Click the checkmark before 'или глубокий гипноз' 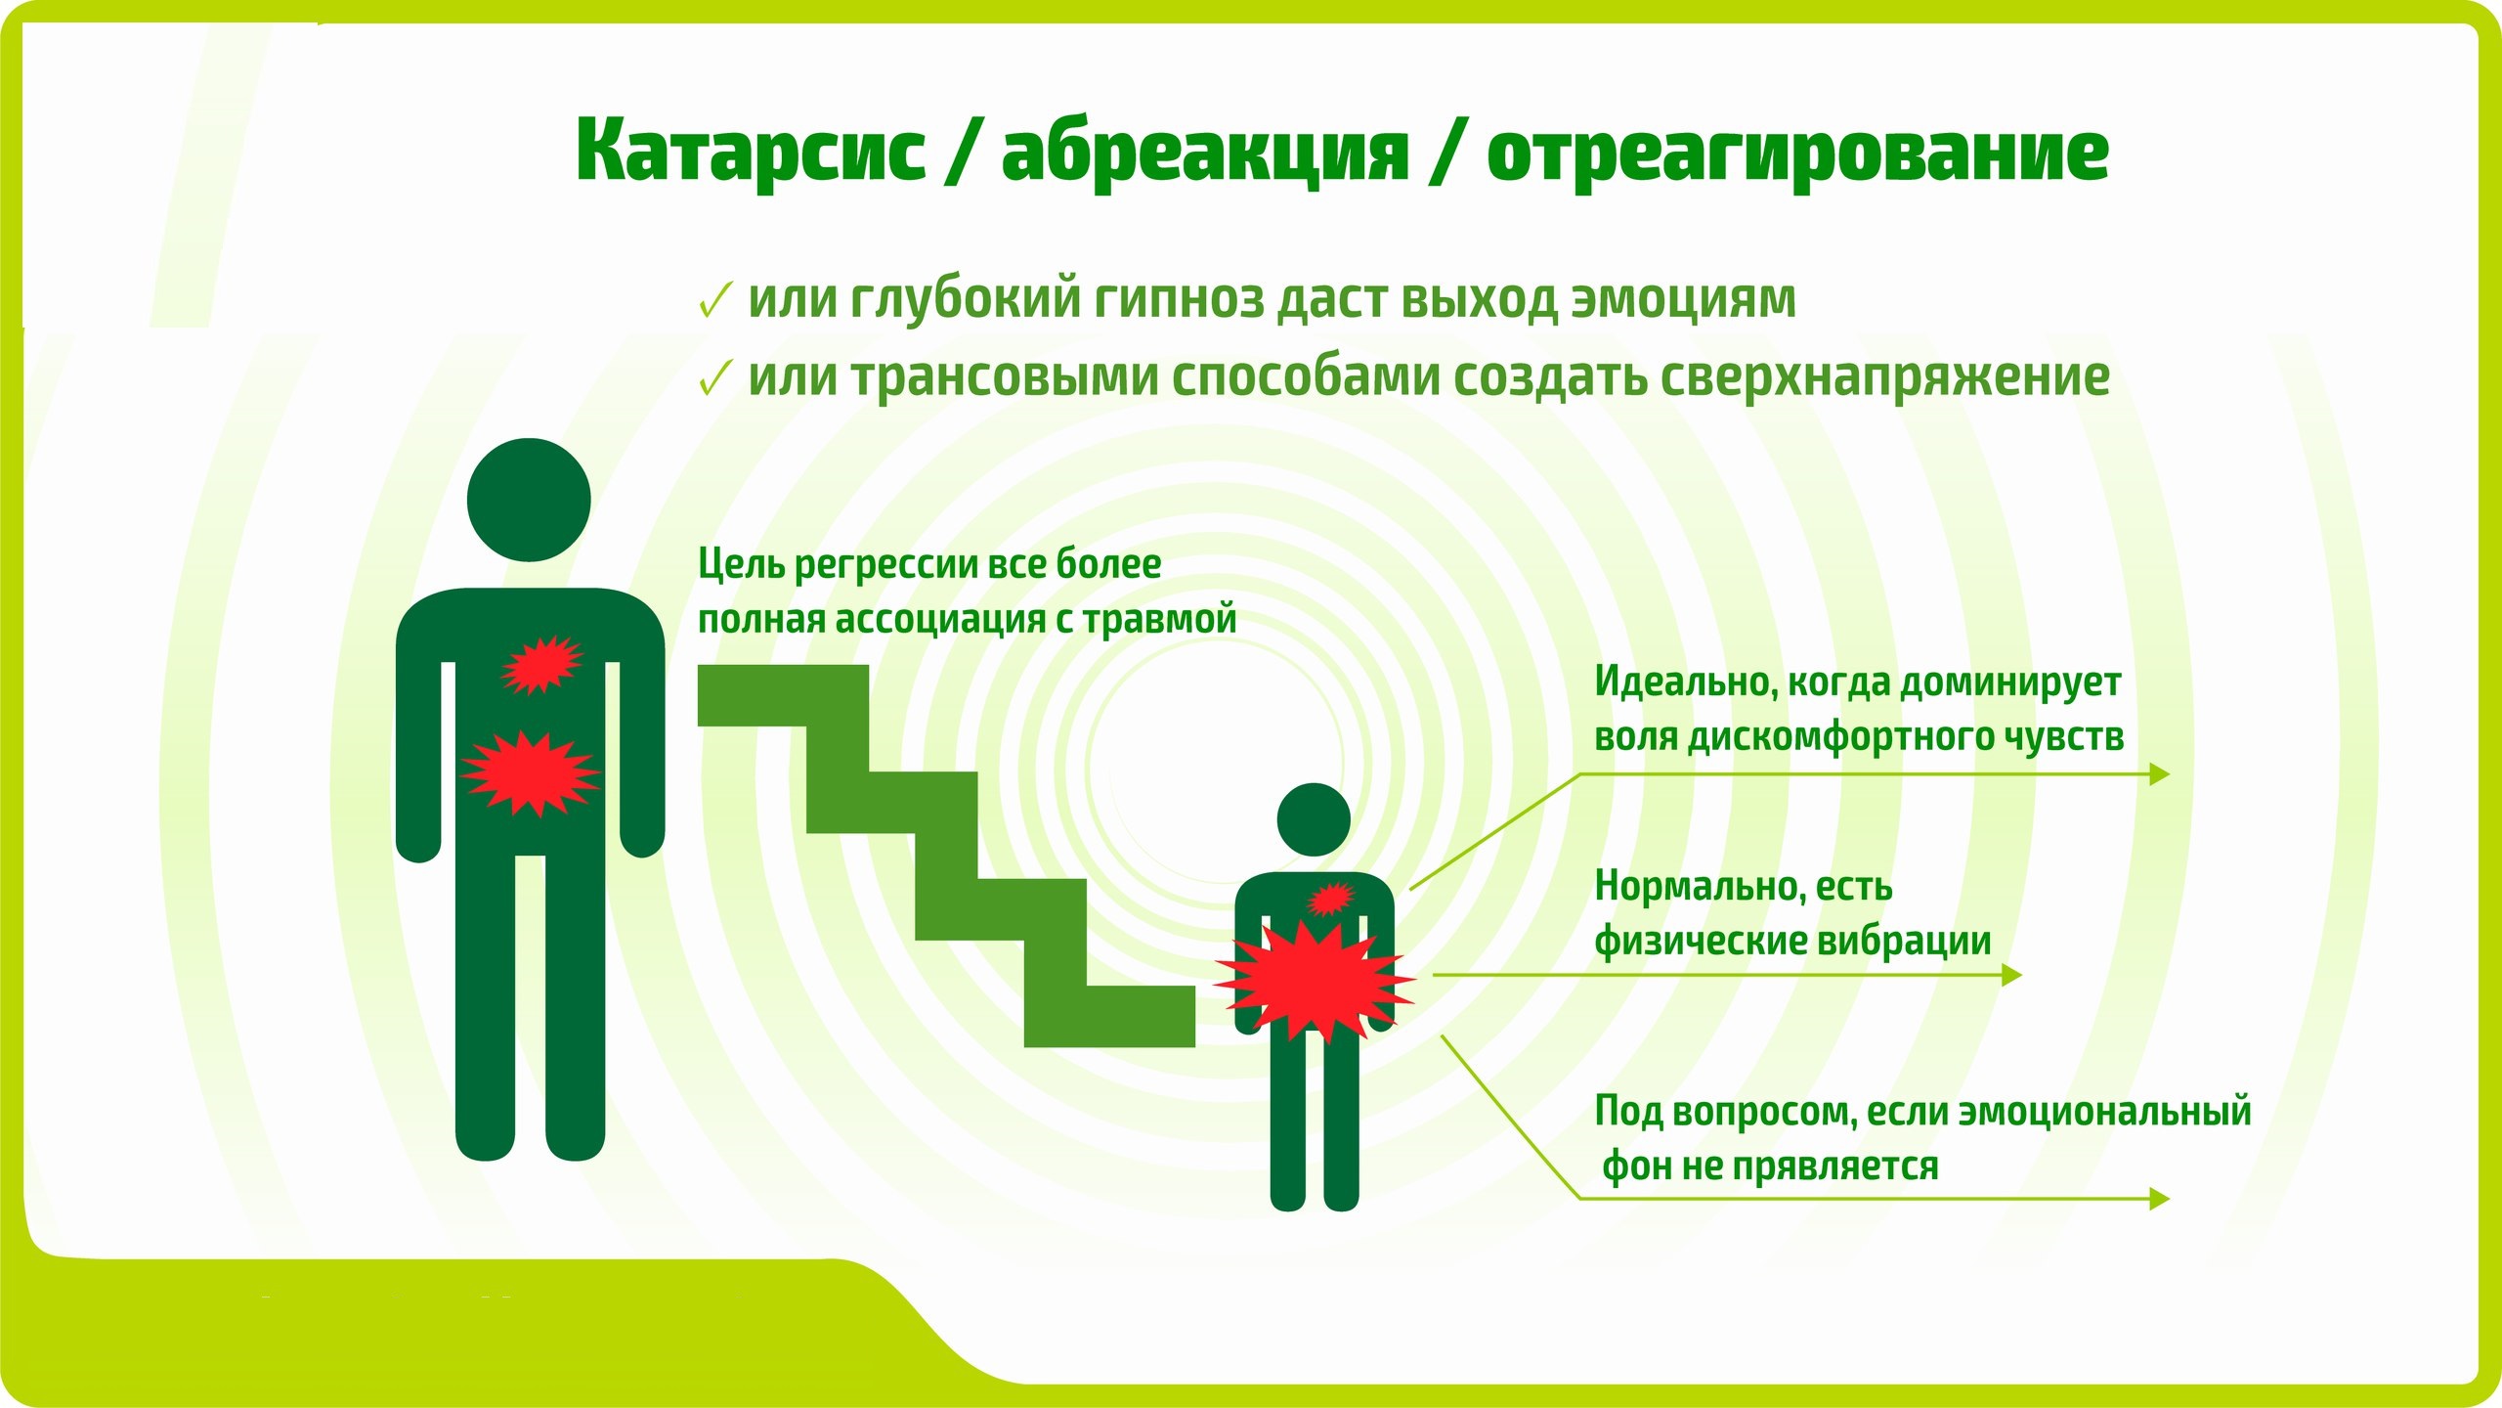pos(715,299)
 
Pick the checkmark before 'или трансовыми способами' pos(715,377)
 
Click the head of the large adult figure pos(529,500)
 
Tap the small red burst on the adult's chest pos(541,665)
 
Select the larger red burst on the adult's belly pos(531,772)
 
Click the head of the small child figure pos(1314,819)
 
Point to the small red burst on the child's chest pos(1330,898)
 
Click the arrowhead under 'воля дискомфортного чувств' pos(2160,774)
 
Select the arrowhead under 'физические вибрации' pos(2011,975)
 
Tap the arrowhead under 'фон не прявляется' pos(2160,1199)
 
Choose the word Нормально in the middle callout pos(1701,887)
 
